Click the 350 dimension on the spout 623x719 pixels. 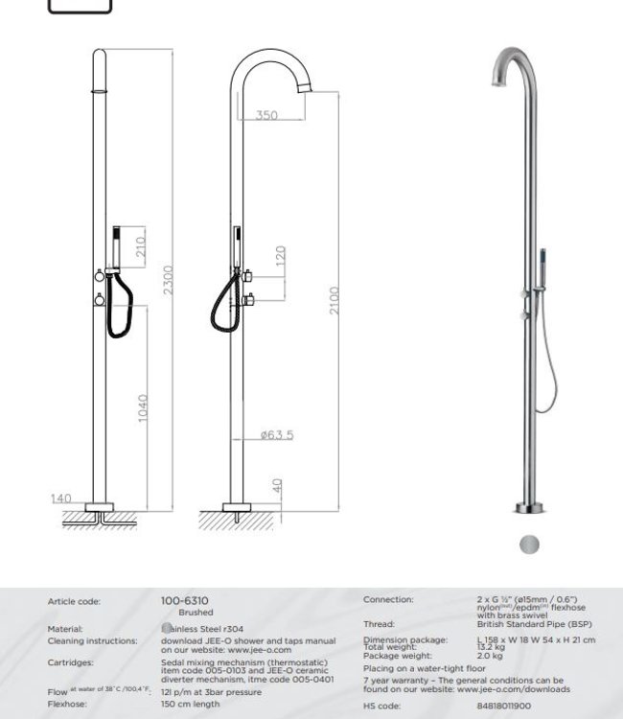pyautogui.click(x=267, y=115)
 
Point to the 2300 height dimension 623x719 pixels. pyautogui.click(x=169, y=280)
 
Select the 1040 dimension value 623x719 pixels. pyautogui.click(x=143, y=408)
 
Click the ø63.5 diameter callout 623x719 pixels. pyautogui.click(x=277, y=435)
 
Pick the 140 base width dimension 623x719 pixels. pyautogui.click(x=62, y=499)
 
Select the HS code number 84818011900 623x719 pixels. pyautogui.click(x=503, y=705)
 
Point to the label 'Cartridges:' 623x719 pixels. pyautogui.click(x=70, y=662)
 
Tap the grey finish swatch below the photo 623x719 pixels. pyautogui.click(x=528, y=545)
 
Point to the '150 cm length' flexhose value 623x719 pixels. pyautogui.click(x=191, y=704)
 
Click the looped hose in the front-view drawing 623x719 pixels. pyautogui.click(x=117, y=316)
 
